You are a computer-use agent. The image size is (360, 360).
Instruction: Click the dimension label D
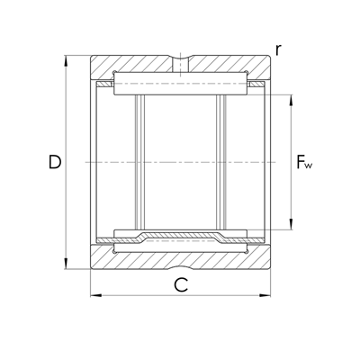click(55, 162)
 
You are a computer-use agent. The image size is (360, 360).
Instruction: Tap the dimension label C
click(181, 285)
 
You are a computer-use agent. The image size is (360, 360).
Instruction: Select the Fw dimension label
click(304, 162)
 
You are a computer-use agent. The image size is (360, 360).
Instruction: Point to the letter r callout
click(278, 50)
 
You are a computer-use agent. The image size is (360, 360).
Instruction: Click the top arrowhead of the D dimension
click(66, 60)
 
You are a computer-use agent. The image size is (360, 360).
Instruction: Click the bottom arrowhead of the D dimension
click(66, 264)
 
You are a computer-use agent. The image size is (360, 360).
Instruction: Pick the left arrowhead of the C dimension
click(96, 295)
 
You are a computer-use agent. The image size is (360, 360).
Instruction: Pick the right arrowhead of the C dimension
click(265, 295)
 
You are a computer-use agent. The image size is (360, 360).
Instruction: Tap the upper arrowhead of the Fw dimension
click(291, 101)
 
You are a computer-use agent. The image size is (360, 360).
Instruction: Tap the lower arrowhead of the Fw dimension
click(291, 224)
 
